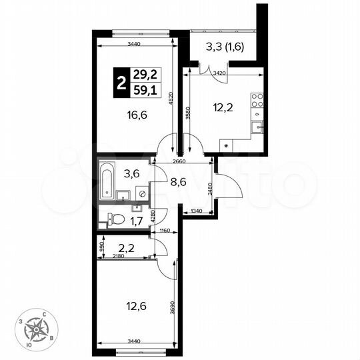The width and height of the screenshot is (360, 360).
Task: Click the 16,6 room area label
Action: tap(136, 114)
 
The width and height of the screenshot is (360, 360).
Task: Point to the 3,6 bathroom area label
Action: tap(132, 174)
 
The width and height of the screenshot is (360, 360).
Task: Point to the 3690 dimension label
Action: tap(171, 308)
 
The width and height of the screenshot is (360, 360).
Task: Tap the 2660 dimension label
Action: tap(179, 161)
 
